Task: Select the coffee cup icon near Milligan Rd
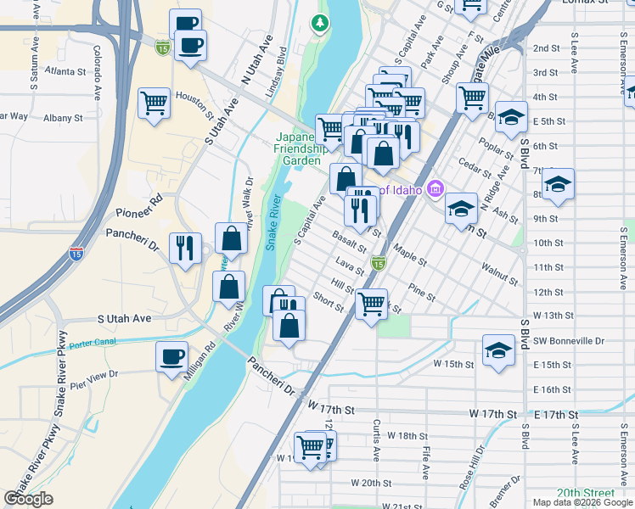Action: (x=172, y=356)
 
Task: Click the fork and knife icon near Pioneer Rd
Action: (x=185, y=248)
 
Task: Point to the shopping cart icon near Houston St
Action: (x=154, y=103)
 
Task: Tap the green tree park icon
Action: (x=320, y=23)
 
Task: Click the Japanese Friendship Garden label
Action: (x=299, y=148)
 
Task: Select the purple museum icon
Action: (x=436, y=187)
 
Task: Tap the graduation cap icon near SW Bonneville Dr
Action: (x=498, y=349)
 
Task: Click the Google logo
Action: (x=29, y=499)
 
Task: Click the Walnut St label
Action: (x=499, y=273)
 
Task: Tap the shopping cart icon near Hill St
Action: (x=370, y=303)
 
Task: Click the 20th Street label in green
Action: (x=585, y=493)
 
